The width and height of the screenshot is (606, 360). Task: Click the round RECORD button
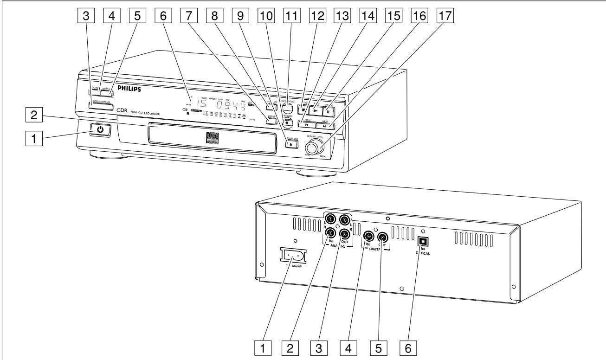pos(288,123)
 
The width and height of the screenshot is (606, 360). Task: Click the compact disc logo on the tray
pos(201,139)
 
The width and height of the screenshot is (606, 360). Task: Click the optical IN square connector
pos(423,241)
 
